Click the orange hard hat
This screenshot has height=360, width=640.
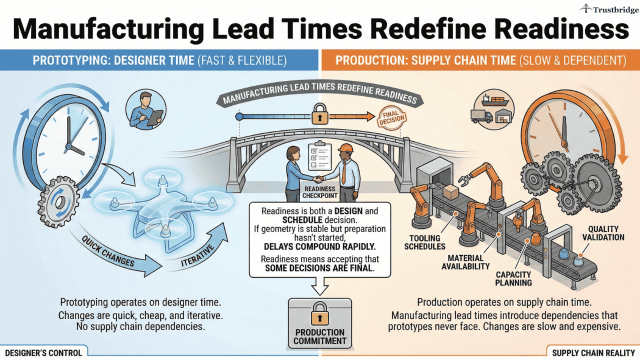345,148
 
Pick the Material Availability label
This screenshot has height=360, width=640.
465,262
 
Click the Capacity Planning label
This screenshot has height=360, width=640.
513,278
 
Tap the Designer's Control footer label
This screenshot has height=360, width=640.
44,352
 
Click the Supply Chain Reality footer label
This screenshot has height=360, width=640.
593,352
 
